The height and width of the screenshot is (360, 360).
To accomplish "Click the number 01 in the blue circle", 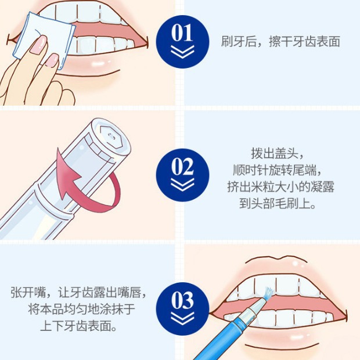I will click(182, 33).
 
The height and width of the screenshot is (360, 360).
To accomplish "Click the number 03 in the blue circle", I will click(182, 300).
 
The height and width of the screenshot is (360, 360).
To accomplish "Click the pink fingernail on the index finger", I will click(39, 44).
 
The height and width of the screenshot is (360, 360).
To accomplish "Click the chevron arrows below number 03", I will click(182, 319).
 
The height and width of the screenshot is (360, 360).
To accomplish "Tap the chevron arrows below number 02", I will click(182, 186).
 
